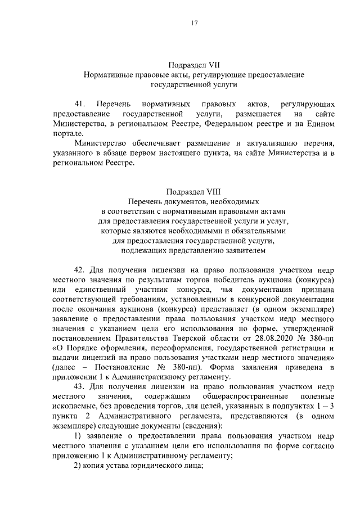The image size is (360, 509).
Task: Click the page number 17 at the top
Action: pyautogui.click(x=194, y=24)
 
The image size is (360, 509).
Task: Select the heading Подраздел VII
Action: pyautogui.click(x=194, y=64)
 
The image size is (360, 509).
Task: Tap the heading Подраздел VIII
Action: pyautogui.click(x=194, y=191)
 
